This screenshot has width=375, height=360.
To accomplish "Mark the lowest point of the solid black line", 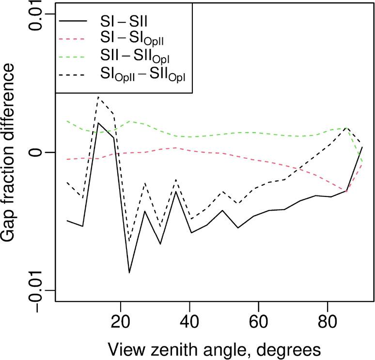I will tap(129, 273).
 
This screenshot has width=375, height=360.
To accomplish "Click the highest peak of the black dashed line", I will tap(98, 97).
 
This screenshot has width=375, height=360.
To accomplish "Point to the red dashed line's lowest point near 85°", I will tap(346, 192).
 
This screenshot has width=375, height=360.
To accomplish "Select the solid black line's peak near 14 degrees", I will tap(98, 123).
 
